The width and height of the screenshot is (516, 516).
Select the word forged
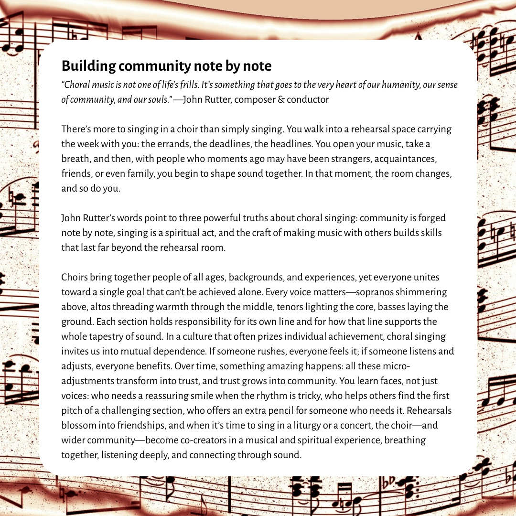[431, 218]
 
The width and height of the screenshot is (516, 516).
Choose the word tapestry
[108, 336]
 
